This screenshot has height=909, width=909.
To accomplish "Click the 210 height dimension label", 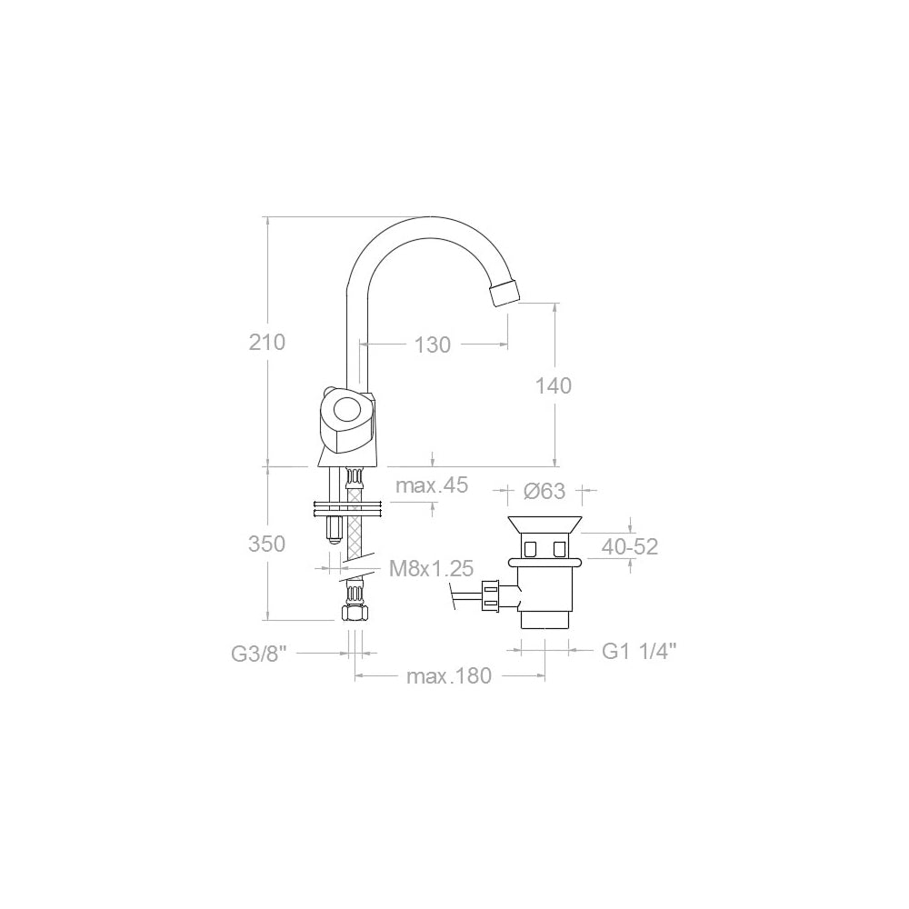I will (x=267, y=343).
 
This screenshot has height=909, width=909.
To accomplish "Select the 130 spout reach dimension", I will (x=433, y=345).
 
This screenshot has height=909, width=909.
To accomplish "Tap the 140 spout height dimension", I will (x=554, y=385).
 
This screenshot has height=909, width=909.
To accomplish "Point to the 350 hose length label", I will (x=267, y=544).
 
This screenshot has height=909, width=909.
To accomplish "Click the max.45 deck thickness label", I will (x=431, y=485).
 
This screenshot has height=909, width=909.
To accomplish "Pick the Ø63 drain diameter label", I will (x=545, y=492).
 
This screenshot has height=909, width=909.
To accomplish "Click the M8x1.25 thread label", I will (x=431, y=569).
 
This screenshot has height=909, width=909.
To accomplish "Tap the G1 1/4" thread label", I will (x=639, y=651).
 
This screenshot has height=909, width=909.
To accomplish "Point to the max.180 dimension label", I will (x=448, y=676).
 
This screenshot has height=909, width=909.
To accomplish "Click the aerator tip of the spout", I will (x=504, y=293).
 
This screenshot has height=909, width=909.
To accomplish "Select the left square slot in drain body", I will (x=529, y=547).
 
